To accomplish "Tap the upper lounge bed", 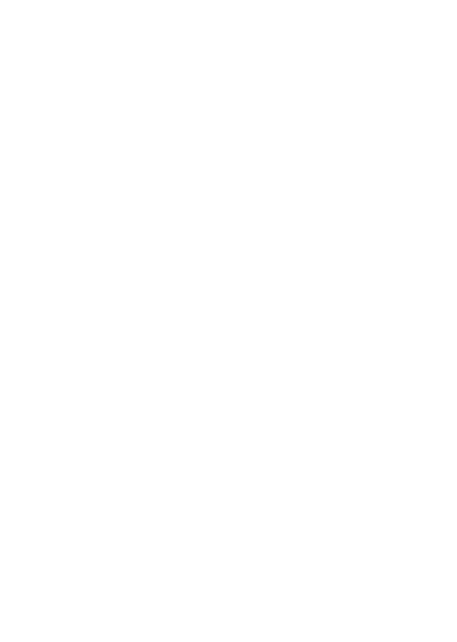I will click(72, 48).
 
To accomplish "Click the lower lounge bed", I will click(72, 114).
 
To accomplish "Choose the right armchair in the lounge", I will click(378, 189).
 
